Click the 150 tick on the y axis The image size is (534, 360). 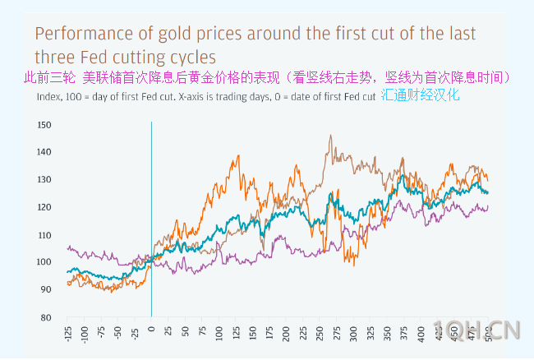tap(44, 125)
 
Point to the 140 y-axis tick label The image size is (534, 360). tap(44, 152)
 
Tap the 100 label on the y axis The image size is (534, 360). tap(44, 262)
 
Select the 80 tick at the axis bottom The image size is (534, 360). tap(46, 317)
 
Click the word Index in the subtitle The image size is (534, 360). tap(49, 95)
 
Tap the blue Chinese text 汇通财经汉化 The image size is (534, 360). tap(420, 95)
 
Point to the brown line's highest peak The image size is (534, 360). tap(330, 136)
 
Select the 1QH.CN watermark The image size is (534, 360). tap(476, 330)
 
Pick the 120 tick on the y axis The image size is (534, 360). tap(44, 207)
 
